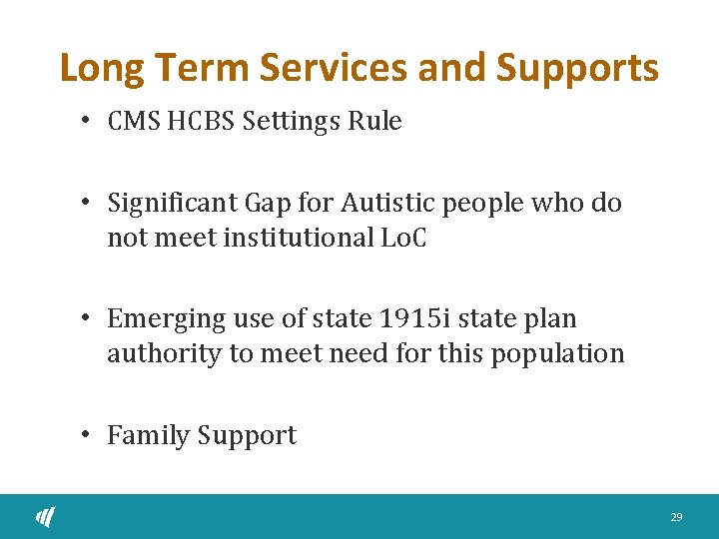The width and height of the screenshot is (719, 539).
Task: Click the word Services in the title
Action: coord(334,68)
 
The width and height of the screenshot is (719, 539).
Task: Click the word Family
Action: coord(148,436)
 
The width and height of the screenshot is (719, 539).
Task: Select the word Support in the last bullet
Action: coord(247,436)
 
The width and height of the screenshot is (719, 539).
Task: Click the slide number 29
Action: coord(676,517)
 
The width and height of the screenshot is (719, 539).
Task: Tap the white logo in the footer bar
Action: coord(46,516)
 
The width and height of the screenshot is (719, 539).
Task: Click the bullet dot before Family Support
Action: coord(88,434)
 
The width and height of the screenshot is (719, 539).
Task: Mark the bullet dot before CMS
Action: coord(88,120)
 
